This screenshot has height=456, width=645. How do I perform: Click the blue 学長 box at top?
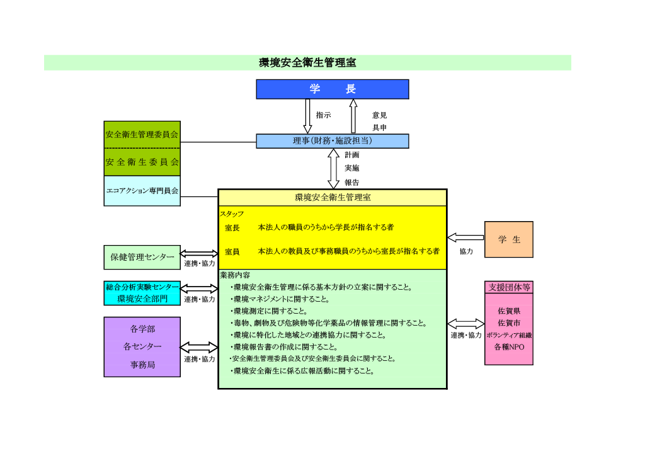(x=332, y=89)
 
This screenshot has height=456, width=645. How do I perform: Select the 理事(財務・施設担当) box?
(x=332, y=141)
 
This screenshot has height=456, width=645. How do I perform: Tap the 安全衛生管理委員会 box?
(x=142, y=134)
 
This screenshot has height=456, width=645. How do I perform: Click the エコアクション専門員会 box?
(x=142, y=191)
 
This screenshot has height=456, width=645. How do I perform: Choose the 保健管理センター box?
(x=142, y=257)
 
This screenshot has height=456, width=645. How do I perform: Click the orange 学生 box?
(x=508, y=239)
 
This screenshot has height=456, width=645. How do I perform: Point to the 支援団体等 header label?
(x=509, y=287)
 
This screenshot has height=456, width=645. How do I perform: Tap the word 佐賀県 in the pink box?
(x=509, y=311)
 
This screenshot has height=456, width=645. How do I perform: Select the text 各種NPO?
(x=509, y=347)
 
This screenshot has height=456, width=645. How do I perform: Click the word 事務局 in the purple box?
(x=142, y=365)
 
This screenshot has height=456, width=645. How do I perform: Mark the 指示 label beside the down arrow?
(x=323, y=115)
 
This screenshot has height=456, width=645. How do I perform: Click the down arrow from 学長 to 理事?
(x=308, y=116)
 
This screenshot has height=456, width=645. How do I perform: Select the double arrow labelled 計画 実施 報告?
(x=333, y=168)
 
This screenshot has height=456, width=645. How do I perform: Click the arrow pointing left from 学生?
(x=465, y=237)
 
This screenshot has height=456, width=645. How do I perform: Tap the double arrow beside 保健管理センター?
(x=199, y=253)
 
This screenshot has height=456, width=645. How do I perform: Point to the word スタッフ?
(x=231, y=214)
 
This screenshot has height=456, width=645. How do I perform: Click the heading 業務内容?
(x=234, y=275)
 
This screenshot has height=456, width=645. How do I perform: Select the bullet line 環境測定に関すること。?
(x=270, y=311)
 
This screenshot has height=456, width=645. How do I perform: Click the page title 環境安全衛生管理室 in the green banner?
(x=307, y=63)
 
